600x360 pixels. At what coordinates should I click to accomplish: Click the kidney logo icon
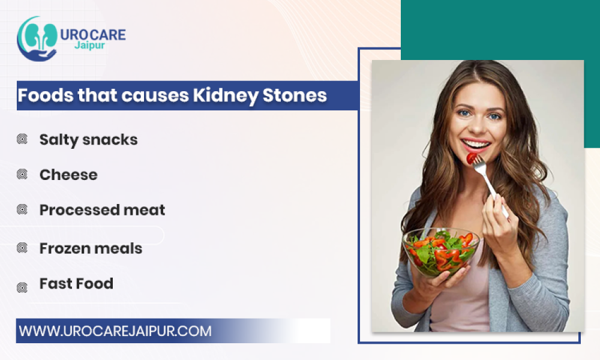pos(37,39)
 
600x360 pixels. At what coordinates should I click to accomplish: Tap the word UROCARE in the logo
pos(93,35)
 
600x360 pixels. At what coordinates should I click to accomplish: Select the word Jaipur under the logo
pos(89,46)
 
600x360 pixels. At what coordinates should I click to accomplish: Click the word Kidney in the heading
pos(226,95)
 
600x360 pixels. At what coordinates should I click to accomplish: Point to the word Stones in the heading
pos(295,95)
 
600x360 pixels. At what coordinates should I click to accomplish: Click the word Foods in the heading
pos(45,95)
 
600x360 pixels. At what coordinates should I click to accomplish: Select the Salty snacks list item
pos(88,140)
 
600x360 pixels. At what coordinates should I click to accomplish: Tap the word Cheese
pos(68,175)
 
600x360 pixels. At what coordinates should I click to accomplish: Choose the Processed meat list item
pos(102,209)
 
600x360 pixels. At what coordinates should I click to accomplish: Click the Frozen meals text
pos(91,248)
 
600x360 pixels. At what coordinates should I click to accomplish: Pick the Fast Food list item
pos(77,283)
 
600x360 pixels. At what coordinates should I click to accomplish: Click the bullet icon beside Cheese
pos(22,175)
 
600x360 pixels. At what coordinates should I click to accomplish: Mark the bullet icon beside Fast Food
pos(22,287)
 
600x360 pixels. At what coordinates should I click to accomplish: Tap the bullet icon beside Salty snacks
pos(22,139)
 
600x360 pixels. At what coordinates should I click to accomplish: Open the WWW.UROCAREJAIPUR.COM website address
pos(115,331)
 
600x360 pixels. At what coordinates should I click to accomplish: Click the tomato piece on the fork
pos(472,158)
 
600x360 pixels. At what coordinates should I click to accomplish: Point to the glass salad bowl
pos(440,253)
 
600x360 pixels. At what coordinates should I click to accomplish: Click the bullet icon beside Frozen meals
pos(22,248)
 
